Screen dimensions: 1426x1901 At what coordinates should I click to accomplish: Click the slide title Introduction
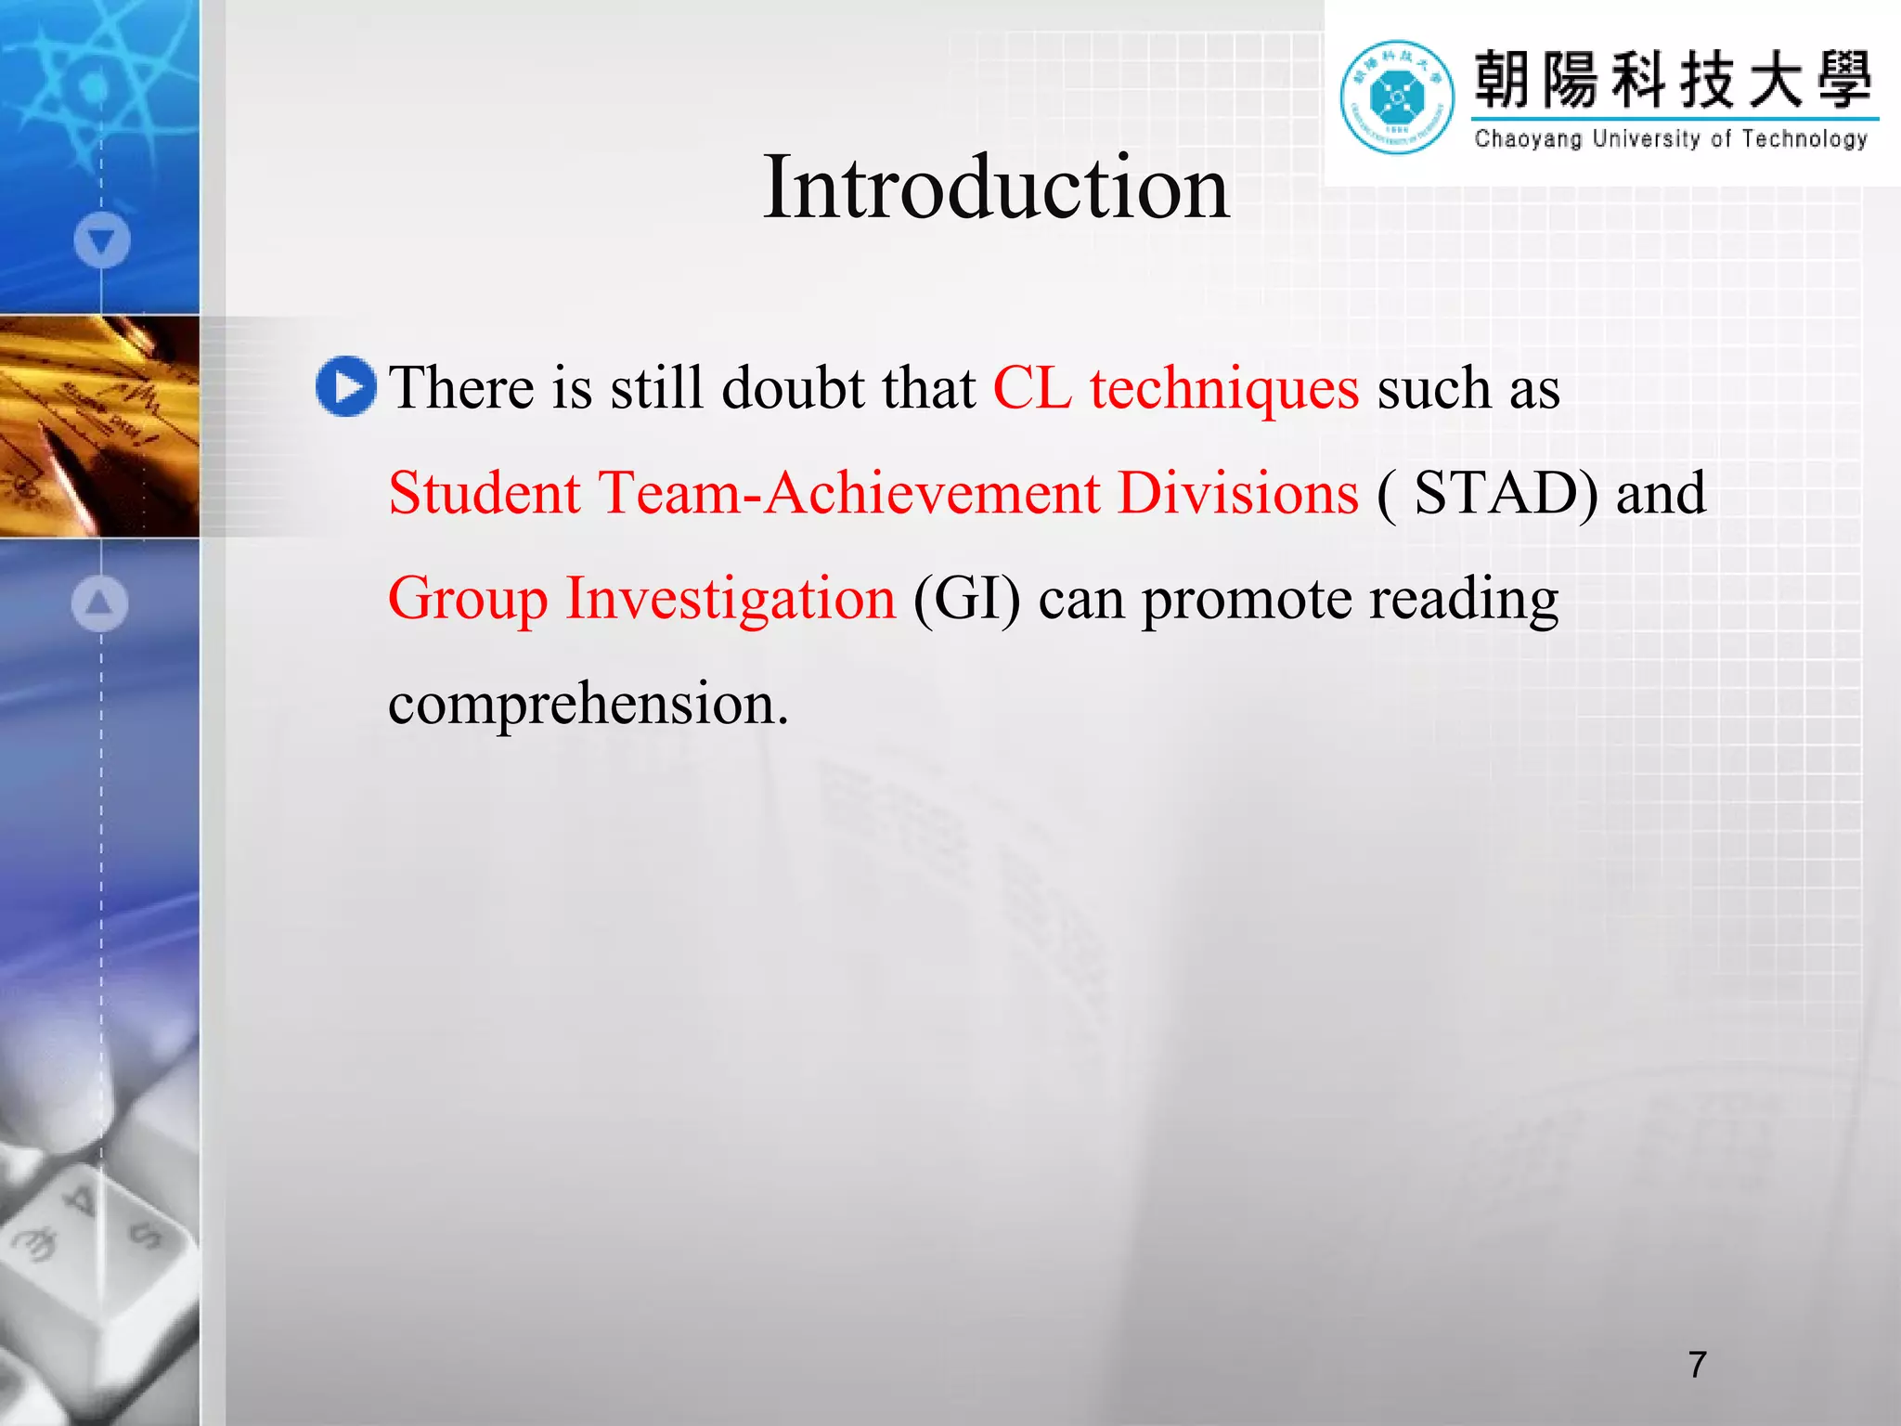point(996,188)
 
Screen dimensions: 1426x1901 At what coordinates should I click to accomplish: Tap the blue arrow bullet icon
point(345,386)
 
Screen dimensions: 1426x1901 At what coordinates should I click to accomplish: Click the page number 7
point(1697,1364)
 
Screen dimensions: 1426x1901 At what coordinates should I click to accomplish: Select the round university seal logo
point(1396,97)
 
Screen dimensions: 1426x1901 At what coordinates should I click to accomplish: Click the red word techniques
point(1223,388)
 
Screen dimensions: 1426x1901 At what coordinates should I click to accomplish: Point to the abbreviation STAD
point(1504,493)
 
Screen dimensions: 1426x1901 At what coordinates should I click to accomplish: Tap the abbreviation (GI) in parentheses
point(966,598)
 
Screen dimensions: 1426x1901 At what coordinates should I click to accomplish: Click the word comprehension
point(587,704)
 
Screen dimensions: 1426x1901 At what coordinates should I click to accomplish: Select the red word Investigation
point(731,598)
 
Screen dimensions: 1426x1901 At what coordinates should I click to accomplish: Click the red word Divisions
point(1237,493)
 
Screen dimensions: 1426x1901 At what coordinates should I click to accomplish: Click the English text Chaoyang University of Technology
point(1670,139)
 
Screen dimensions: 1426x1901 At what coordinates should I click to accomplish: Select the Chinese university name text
point(1673,80)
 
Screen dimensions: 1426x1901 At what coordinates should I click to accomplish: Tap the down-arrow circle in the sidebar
point(101,240)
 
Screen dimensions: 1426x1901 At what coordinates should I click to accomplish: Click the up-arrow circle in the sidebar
point(100,603)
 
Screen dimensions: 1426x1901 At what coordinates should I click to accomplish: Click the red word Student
point(485,493)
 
